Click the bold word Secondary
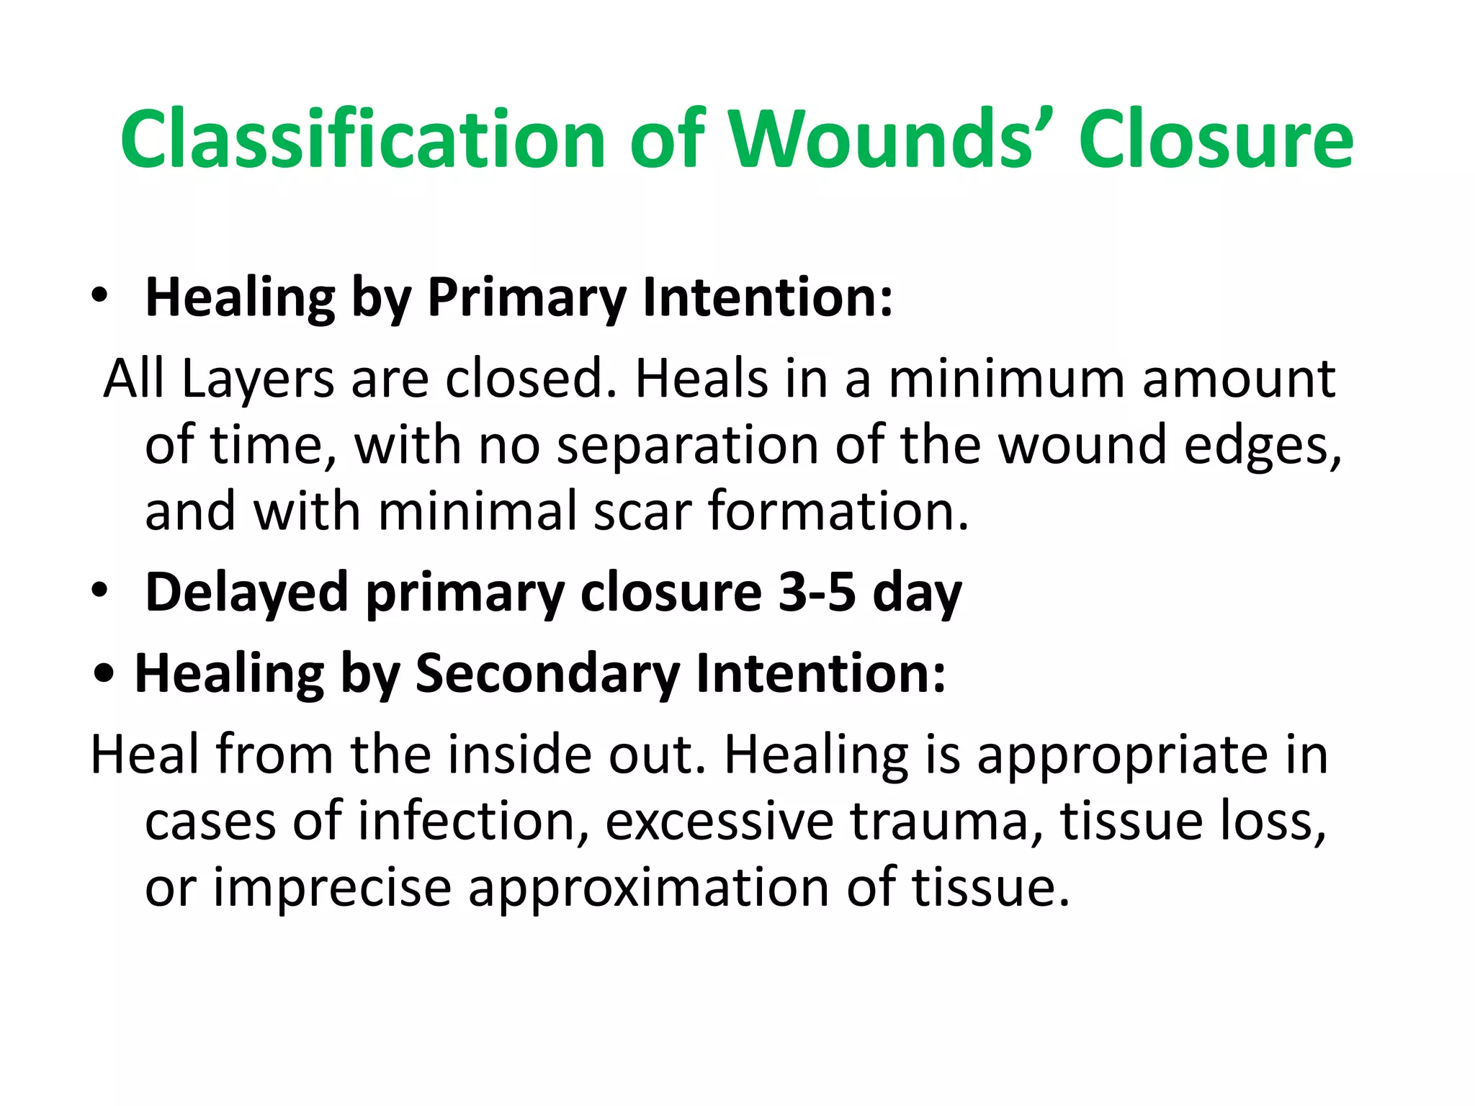[547, 673]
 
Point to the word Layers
[258, 379]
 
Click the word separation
[687, 444]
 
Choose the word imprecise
[332, 886]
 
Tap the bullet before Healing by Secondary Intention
[105, 674]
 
